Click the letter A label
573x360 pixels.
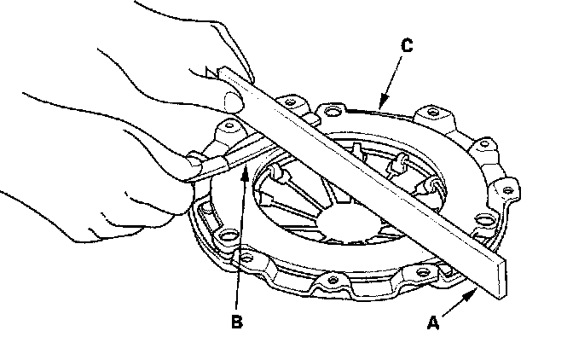coord(432,322)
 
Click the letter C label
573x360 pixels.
coord(407,46)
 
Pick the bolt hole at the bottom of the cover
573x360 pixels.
coord(333,281)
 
